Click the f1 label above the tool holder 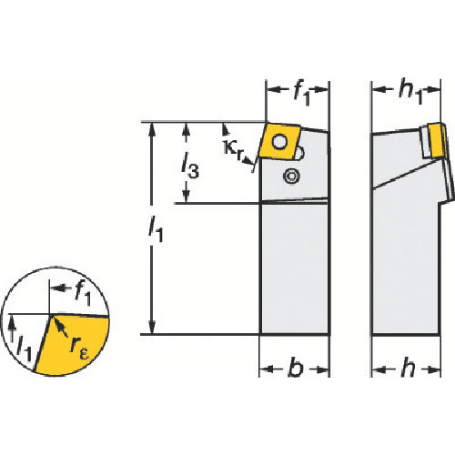click(302, 93)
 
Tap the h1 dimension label click(410, 92)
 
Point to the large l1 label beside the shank click(156, 229)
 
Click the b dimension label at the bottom click(296, 368)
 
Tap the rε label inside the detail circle click(79, 349)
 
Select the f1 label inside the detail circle click(83, 293)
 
